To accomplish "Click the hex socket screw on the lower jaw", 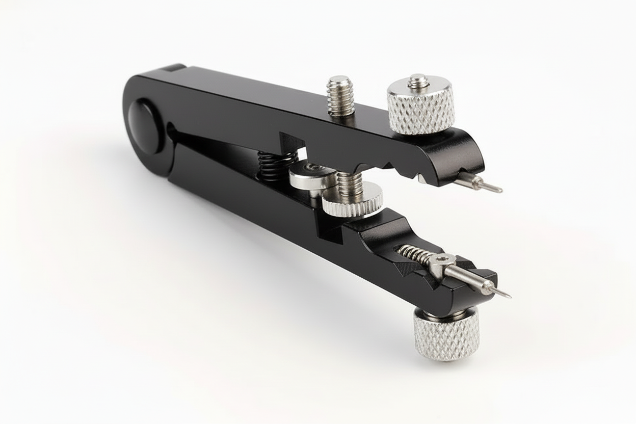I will point(441,262).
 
